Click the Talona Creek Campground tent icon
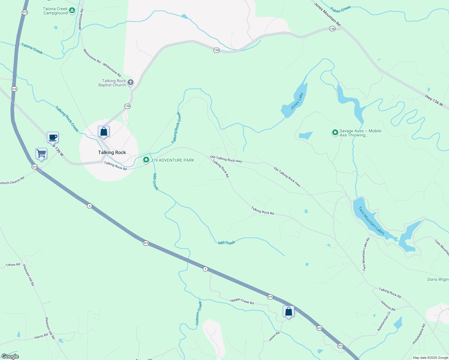[72, 11]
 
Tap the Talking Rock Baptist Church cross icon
[130, 82]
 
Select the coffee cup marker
[53, 137]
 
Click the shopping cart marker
[41, 154]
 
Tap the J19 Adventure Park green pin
[146, 160]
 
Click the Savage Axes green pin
[335, 132]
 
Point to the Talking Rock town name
[112, 152]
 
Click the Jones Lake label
[297, 101]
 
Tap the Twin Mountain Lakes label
[371, 220]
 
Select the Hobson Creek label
[199, 313]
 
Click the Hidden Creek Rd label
[242, 301]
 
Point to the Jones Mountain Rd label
[327, 14]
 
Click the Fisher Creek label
[340, 10]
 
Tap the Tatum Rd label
[13, 265]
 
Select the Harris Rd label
[41, 336]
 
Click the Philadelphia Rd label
[419, 334]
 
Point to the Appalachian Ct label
[384, 321]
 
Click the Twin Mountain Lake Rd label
[366, 254]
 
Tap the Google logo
[10, 356]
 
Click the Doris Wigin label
[438, 279]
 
